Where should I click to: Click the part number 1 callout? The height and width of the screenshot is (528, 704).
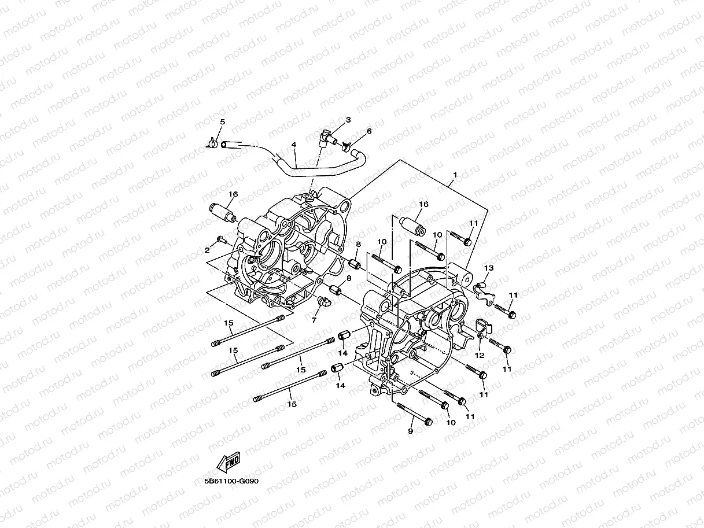click(455, 174)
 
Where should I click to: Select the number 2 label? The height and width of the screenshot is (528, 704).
click(207, 250)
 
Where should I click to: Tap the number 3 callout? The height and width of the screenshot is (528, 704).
click(348, 120)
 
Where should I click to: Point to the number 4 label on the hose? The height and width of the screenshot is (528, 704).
click(294, 145)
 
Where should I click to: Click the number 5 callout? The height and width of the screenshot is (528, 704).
click(222, 121)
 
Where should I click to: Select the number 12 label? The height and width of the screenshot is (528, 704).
click(479, 355)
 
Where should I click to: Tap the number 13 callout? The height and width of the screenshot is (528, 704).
click(489, 268)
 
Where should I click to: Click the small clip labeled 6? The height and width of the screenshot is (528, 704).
click(348, 146)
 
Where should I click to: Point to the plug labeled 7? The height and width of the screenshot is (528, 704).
click(325, 301)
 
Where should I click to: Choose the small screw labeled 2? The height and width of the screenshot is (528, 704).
click(220, 239)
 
